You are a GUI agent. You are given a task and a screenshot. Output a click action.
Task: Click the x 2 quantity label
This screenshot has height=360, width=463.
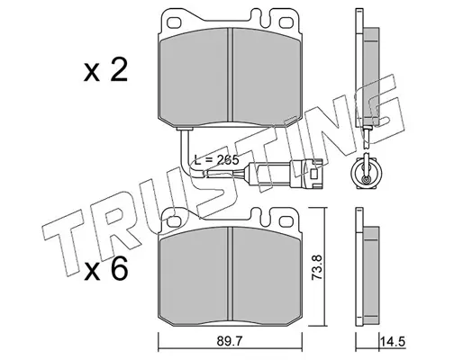tap(105, 70)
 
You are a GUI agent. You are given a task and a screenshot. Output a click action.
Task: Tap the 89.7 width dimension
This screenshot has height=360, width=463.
tap(231, 341)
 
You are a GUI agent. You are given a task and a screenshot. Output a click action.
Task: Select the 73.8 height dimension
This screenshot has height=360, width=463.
tap(317, 267)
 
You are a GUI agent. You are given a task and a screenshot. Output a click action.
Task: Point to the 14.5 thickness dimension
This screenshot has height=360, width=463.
tap(393, 341)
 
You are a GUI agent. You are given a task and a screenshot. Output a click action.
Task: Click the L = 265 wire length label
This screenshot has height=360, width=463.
tap(216, 159)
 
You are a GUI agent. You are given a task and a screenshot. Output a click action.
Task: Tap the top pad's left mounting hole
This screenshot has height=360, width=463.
tap(174, 22)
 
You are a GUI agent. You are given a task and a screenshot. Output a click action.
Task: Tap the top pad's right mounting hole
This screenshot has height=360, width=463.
tap(286, 22)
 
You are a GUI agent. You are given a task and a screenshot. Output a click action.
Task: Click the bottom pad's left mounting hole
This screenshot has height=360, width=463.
tap(174, 221)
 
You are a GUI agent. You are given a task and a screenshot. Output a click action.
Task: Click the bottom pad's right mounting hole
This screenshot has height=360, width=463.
tap(286, 221)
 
